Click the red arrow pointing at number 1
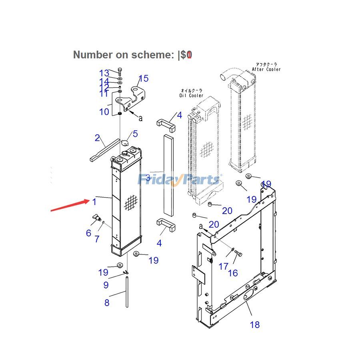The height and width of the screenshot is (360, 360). pos(70,205)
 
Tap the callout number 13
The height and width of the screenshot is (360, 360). pos(104,73)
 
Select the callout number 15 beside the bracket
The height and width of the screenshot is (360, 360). pos(143,78)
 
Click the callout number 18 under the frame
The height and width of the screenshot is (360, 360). pos(255,324)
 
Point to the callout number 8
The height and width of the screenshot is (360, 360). pos(107,303)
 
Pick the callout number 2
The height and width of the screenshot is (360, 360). pos(97,138)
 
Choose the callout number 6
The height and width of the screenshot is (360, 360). pos(88,233)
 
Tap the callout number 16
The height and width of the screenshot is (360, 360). pos(233,273)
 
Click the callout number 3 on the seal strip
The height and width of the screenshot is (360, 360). pos(148,178)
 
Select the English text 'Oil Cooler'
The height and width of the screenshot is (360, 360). pos(191,96)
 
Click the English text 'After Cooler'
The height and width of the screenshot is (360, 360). pos(266,69)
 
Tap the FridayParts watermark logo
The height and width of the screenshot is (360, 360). pos(179,180)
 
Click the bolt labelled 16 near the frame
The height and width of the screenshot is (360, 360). pos(239,253)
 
